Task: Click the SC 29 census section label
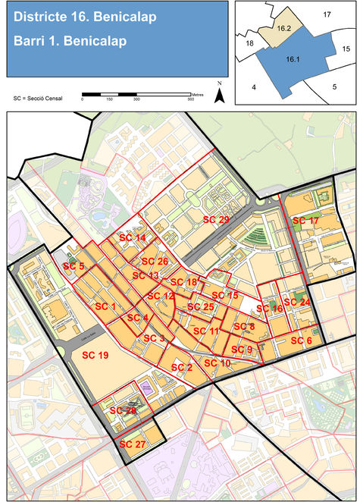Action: [216, 219]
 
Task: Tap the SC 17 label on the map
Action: [305, 220]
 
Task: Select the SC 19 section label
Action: [95, 355]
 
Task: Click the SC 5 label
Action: [74, 267]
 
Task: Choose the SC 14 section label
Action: [133, 238]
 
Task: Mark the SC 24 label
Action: [299, 302]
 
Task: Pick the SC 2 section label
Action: [182, 367]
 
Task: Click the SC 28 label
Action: [123, 410]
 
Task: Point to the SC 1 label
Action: [105, 306]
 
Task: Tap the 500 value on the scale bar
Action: [190, 99]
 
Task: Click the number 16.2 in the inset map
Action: [285, 27]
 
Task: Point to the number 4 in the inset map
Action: [254, 87]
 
